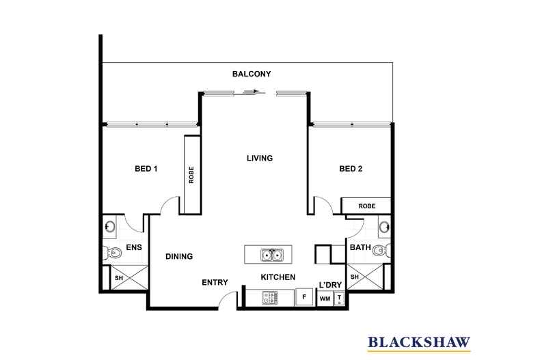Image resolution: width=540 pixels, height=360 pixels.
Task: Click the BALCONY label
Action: (x=252, y=74)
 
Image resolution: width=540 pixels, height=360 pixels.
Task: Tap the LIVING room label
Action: (x=260, y=158)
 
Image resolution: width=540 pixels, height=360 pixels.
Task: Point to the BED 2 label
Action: (x=351, y=169)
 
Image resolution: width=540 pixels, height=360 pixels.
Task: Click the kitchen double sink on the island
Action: (x=271, y=255)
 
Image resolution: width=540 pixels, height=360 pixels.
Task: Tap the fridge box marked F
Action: (x=304, y=298)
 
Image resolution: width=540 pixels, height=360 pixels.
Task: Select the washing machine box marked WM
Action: (x=325, y=299)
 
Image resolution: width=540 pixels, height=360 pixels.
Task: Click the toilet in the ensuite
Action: (x=113, y=253)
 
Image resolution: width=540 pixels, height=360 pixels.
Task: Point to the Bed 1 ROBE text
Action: (x=191, y=174)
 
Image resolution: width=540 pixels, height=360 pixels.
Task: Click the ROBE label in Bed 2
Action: (x=366, y=205)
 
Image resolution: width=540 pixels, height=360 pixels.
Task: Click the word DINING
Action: (x=179, y=257)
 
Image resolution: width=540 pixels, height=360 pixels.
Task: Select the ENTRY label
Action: (x=215, y=282)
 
